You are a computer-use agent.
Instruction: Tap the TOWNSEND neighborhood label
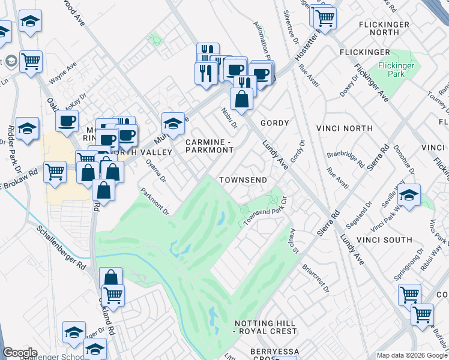click(243, 180)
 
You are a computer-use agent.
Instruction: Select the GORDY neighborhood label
click(274, 123)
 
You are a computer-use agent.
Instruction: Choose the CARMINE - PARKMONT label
click(209, 146)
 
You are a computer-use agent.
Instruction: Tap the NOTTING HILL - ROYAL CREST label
click(265, 327)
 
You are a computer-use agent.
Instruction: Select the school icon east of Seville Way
click(409, 196)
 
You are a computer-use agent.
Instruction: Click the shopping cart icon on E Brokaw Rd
click(55, 171)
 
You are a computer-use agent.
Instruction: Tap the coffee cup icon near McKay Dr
click(67, 120)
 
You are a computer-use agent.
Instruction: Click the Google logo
click(20, 353)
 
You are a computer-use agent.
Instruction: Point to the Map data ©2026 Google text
click(411, 355)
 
